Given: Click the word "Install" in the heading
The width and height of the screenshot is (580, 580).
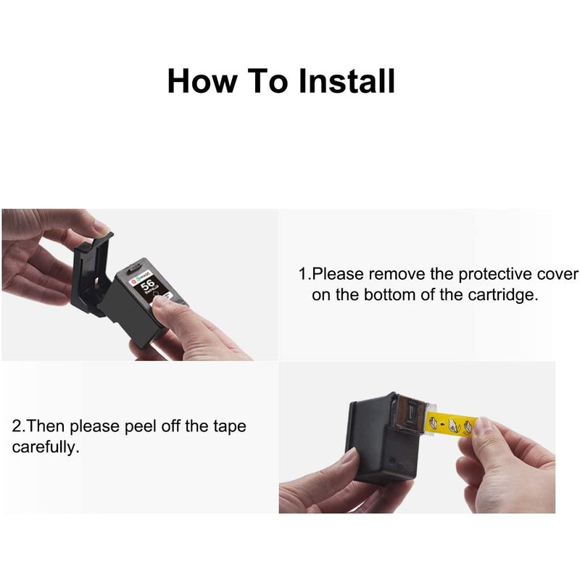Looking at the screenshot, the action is pyautogui.click(x=347, y=80).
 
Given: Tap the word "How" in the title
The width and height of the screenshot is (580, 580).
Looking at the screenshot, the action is pyautogui.click(x=202, y=80).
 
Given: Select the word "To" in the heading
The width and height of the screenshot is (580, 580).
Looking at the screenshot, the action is pyautogui.click(x=268, y=80).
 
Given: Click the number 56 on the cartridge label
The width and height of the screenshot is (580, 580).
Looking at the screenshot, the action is pyautogui.click(x=148, y=285).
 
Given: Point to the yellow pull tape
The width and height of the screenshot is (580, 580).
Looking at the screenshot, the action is pyautogui.click(x=452, y=425).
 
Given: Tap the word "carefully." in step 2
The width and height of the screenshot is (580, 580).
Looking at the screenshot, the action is pyautogui.click(x=46, y=447).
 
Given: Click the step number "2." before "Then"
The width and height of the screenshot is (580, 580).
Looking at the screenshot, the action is pyautogui.click(x=20, y=426).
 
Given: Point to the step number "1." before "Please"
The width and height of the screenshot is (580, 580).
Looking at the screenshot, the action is pyautogui.click(x=304, y=274).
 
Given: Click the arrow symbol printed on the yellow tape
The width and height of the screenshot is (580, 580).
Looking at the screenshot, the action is pyautogui.click(x=442, y=424).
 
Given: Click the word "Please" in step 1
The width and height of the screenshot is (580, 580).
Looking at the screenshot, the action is pyautogui.click(x=338, y=274).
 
